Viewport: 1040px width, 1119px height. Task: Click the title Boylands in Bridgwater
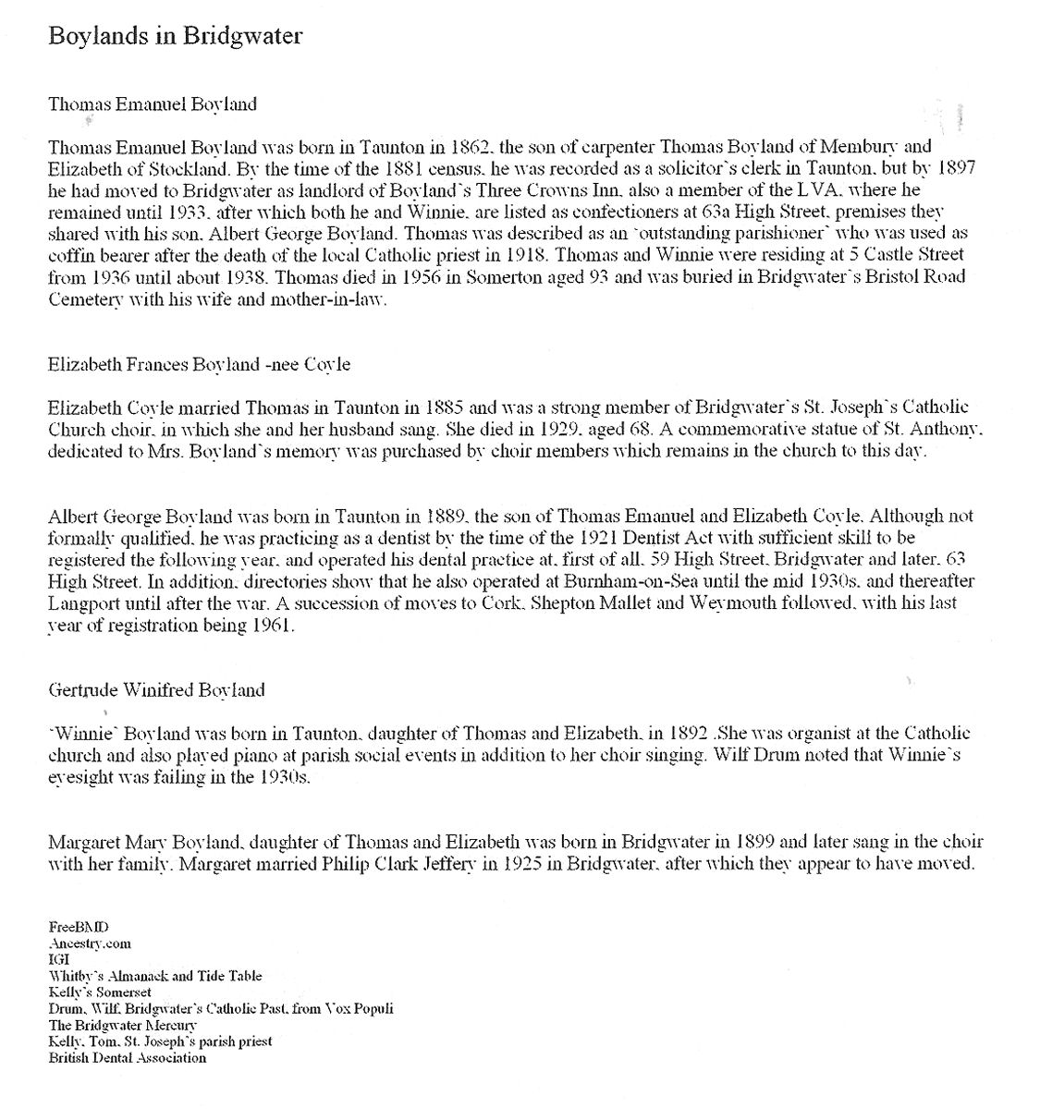[175, 36]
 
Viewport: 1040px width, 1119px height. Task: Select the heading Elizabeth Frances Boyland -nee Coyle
[199, 364]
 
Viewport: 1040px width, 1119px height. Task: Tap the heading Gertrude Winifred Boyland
[156, 689]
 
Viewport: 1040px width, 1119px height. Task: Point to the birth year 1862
[471, 146]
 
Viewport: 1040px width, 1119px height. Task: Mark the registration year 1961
[273, 625]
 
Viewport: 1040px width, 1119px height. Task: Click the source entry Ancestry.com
[90, 943]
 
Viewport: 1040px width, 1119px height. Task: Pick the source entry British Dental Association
[128, 1058]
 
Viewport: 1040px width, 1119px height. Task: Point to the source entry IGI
[59, 959]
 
